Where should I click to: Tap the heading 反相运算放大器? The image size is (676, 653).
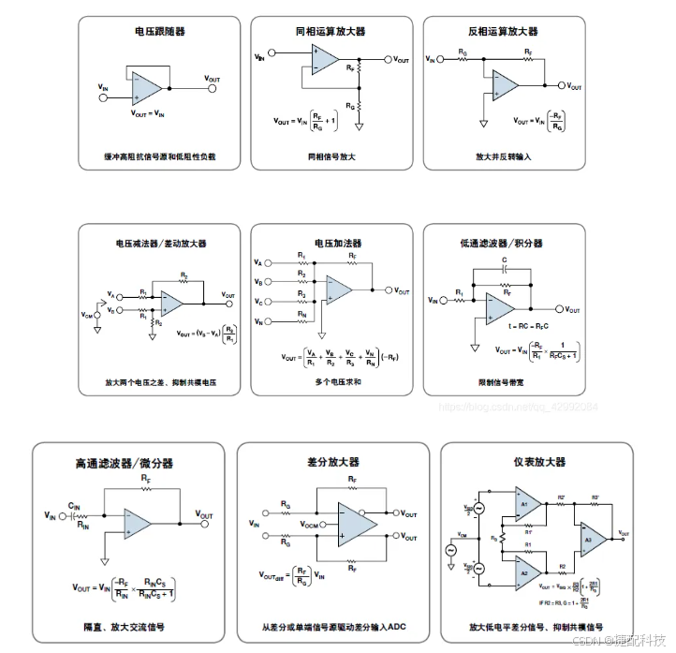click(503, 31)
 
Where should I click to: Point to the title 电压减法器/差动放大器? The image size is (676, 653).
click(160, 244)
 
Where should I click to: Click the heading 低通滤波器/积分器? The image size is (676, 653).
click(503, 244)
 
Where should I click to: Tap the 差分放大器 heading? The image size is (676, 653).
click(332, 462)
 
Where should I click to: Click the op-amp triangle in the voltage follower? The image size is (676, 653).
click(146, 88)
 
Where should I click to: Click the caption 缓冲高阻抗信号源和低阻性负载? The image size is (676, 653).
click(160, 156)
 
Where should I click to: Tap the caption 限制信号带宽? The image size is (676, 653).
click(503, 381)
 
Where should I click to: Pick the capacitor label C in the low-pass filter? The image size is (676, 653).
click(504, 258)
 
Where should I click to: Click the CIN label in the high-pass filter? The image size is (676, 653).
click(74, 507)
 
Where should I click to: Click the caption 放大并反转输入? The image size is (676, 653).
click(503, 156)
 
